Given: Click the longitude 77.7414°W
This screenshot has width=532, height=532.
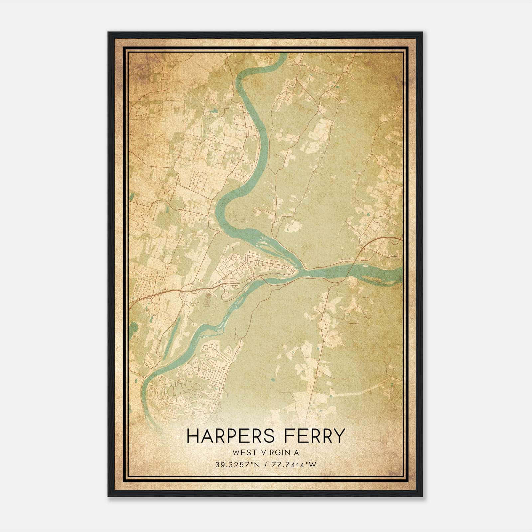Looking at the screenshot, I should click(293, 465).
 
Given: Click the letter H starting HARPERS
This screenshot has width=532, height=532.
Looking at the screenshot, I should click(192, 436).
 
